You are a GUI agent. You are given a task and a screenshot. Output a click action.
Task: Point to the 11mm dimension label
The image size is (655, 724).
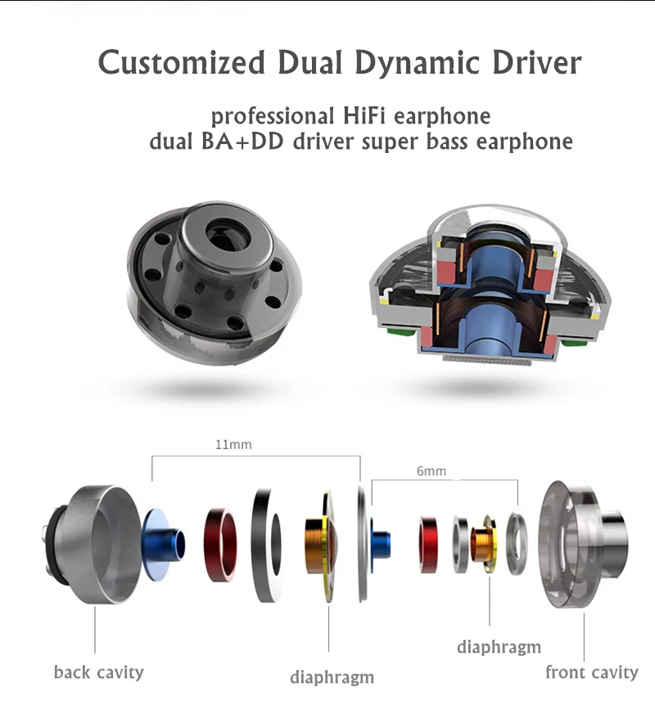tap(233, 446)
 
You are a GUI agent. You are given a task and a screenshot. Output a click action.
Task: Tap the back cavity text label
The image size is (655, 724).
tap(98, 672)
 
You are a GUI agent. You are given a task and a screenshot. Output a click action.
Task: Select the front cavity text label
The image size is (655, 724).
tap(591, 672)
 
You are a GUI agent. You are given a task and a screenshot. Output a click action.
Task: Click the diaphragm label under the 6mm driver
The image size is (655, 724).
tap(499, 646)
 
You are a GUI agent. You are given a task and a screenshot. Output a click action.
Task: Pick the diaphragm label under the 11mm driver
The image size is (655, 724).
tap(332, 677)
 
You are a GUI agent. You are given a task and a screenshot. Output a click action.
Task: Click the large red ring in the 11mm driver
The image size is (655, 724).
tap(220, 544)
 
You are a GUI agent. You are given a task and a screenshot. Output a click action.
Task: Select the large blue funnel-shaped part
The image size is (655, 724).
tap(164, 541)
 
